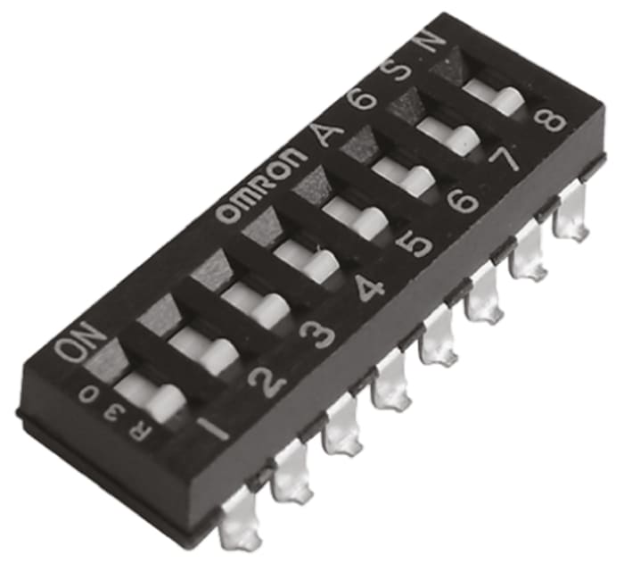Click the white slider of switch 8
(492, 94)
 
